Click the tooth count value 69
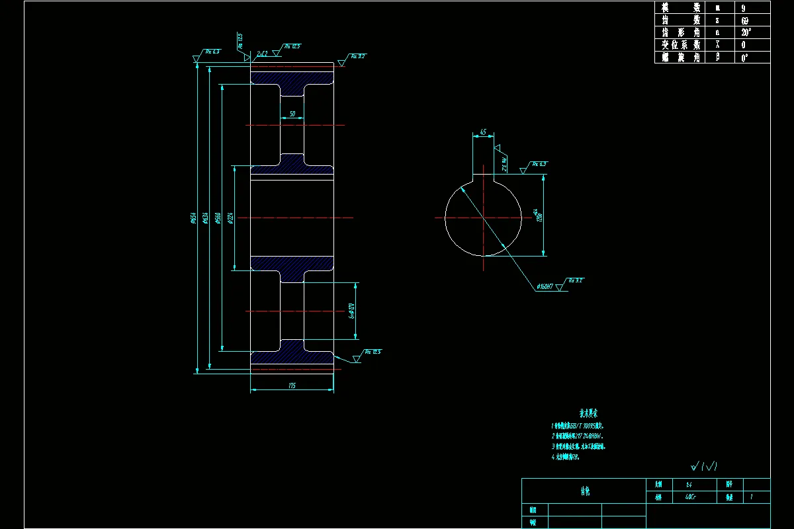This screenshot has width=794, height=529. pos(744,20)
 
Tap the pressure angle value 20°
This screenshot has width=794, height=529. pos(745,32)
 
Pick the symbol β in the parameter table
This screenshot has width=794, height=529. pos(717,58)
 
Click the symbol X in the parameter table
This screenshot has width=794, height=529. pos(717,45)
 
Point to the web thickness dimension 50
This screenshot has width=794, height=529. pos(292,114)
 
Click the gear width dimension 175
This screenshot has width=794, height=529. pos(292,385)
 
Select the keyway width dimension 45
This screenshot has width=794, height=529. pos(482,133)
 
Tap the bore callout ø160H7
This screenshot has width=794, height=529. pos(544,286)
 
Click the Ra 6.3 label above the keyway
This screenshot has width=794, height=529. pos(539,163)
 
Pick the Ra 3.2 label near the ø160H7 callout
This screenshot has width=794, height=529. pos(575,280)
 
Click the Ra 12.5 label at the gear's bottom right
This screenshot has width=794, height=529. pos(372,352)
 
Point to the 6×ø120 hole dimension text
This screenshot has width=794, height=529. pos(353,310)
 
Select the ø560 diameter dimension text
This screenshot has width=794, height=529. pos(217,218)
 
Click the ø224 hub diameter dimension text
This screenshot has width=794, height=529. pos(230,218)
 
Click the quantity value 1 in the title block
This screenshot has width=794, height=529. pos(752,497)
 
